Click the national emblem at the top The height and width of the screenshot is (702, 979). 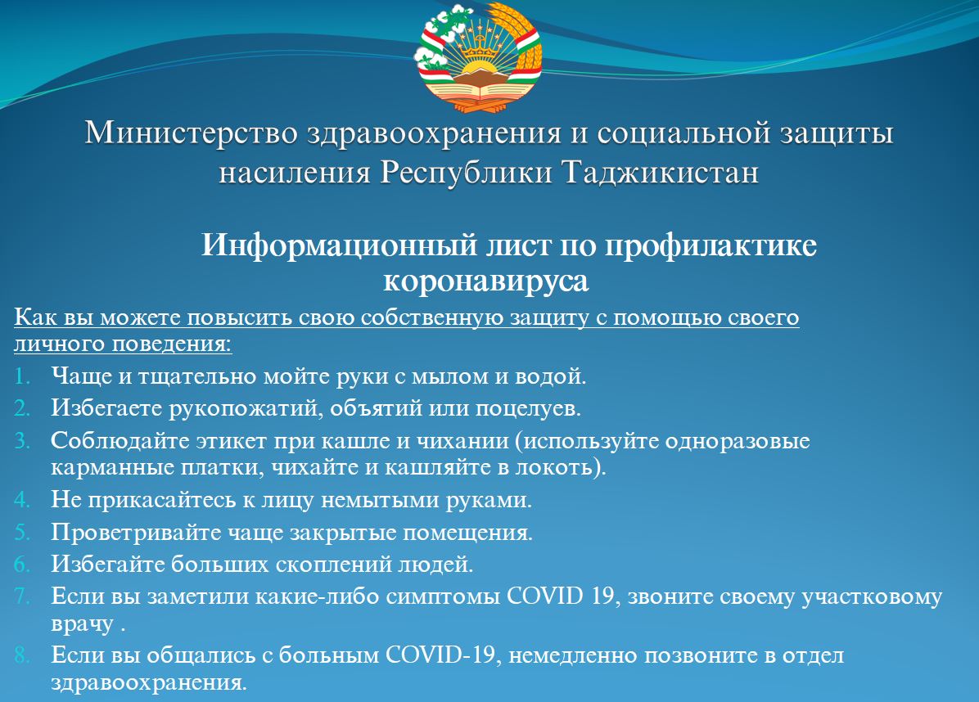point(478,57)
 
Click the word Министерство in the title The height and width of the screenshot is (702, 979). point(191,133)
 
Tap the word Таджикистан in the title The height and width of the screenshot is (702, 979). point(661,173)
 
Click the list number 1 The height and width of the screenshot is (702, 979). point(22,376)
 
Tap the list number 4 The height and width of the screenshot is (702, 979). point(22,500)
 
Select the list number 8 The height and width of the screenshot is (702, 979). point(22,655)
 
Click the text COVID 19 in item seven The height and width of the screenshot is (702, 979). point(560,596)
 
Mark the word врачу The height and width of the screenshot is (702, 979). point(82,625)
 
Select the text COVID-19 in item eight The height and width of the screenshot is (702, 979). point(440,656)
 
